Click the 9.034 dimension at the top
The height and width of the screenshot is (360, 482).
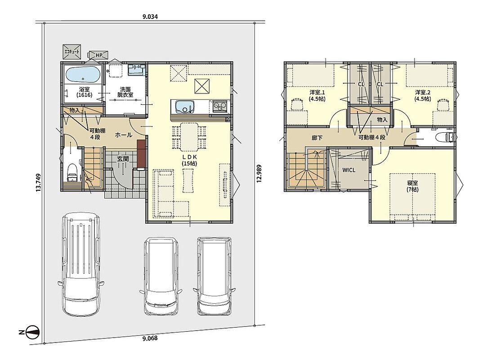point(150,17)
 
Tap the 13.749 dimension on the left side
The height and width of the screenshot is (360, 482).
point(38,183)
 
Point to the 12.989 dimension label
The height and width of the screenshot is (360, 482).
point(259,174)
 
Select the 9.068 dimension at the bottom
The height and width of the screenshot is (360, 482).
point(150,338)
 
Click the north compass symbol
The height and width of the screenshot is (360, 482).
point(32,332)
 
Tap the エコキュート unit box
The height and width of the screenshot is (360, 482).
point(72,52)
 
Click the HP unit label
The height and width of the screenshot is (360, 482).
point(98,55)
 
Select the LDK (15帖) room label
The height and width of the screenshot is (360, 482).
point(189,160)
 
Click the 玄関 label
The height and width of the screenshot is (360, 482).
point(123,159)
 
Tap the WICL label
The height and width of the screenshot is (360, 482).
point(349,170)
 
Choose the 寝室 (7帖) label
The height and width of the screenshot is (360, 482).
point(412,186)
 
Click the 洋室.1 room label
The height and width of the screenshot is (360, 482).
point(317,96)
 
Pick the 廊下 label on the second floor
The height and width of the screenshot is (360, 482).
point(317,138)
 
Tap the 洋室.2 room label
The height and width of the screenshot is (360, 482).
point(423,96)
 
